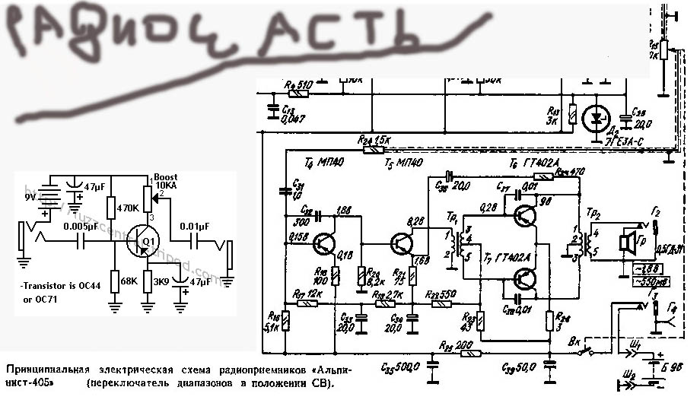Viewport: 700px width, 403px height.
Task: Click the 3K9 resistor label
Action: [161, 281]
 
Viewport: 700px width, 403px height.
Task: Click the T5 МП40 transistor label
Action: [399, 163]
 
